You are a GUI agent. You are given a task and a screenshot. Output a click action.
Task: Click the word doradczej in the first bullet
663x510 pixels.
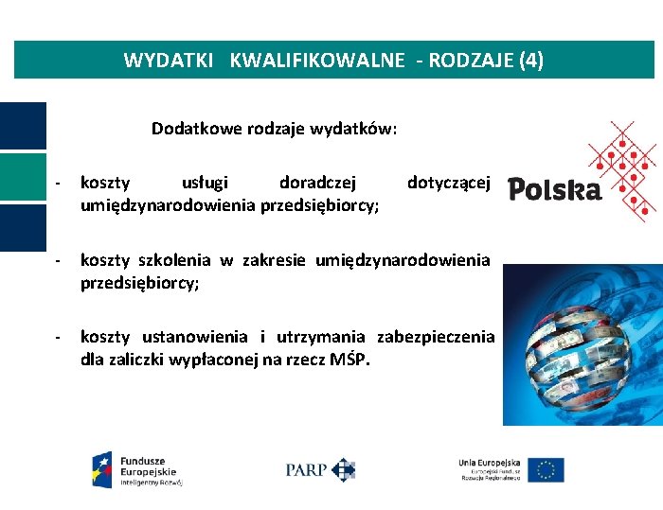tap(318, 183)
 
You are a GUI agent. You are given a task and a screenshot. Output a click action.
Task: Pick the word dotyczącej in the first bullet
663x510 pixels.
tap(448, 183)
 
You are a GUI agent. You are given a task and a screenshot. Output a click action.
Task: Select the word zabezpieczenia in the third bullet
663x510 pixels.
tap(436, 337)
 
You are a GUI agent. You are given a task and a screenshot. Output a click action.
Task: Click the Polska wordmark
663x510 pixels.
tap(554, 190)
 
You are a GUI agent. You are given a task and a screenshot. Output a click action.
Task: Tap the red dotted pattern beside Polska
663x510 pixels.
tap(621, 170)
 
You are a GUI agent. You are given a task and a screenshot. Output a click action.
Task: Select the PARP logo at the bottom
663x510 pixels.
tap(320, 468)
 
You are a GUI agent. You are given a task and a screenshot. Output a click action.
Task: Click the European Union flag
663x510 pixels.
tap(546, 469)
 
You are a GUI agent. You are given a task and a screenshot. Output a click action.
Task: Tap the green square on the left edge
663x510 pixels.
tap(23, 177)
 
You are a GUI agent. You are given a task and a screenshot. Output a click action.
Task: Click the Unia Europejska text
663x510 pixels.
tap(490, 462)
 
